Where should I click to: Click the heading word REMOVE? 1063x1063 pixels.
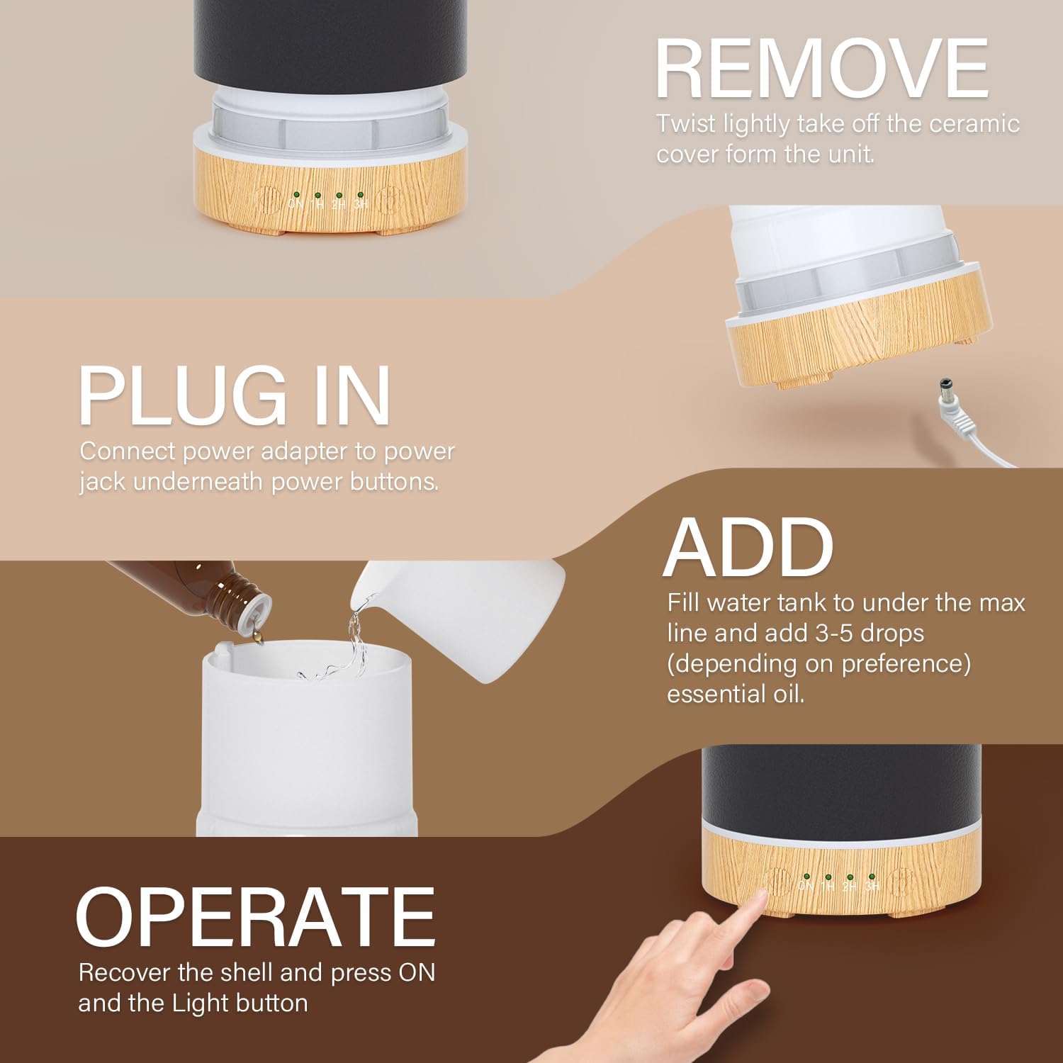click(x=822, y=69)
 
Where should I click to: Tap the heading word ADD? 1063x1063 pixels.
click(x=748, y=546)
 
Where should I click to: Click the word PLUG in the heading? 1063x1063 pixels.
click(x=181, y=395)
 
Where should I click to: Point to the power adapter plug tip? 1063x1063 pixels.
click(x=945, y=390)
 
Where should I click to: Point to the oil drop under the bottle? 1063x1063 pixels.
click(x=257, y=638)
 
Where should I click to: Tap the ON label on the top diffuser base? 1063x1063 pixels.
click(x=296, y=204)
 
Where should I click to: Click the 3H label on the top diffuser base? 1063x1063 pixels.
click(x=361, y=204)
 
